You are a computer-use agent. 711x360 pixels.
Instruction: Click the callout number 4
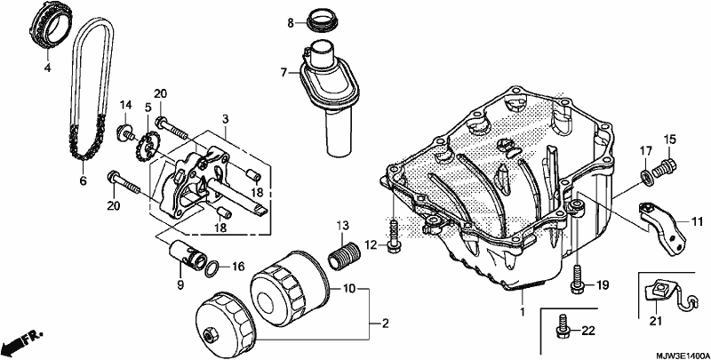[48, 68]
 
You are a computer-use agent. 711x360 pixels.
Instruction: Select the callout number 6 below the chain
[83, 180]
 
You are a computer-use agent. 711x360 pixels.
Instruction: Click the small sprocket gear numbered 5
[148, 144]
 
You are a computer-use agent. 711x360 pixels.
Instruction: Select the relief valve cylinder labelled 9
[186, 255]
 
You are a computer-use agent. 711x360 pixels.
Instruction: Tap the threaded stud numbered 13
[343, 256]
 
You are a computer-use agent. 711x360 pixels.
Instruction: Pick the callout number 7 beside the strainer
[284, 72]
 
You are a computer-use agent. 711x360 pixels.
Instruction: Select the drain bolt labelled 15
[663, 168]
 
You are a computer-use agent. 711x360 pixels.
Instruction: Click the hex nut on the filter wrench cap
[210, 336]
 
